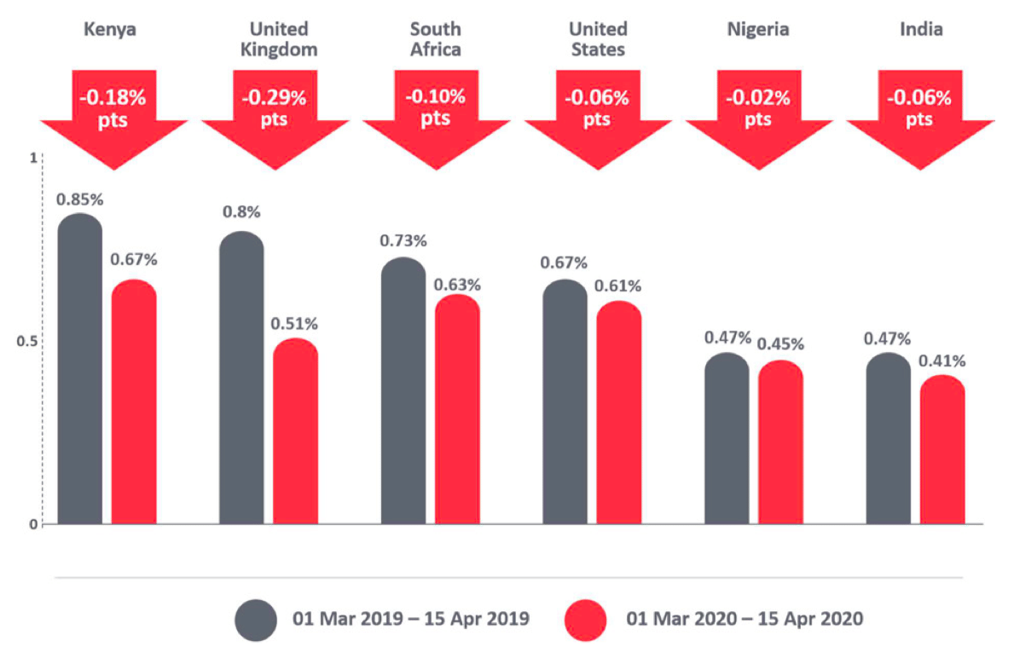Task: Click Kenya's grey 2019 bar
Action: (79, 371)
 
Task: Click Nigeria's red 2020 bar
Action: (780, 443)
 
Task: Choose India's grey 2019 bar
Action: (888, 440)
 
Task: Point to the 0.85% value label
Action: (79, 200)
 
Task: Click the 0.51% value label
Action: (295, 324)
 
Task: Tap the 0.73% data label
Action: (403, 241)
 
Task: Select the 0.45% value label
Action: (780, 344)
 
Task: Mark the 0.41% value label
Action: (942, 361)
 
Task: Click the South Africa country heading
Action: (435, 39)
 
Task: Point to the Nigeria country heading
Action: (758, 30)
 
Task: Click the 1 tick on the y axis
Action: (33, 159)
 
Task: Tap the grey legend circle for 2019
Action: (256, 620)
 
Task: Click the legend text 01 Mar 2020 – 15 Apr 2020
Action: (744, 620)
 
